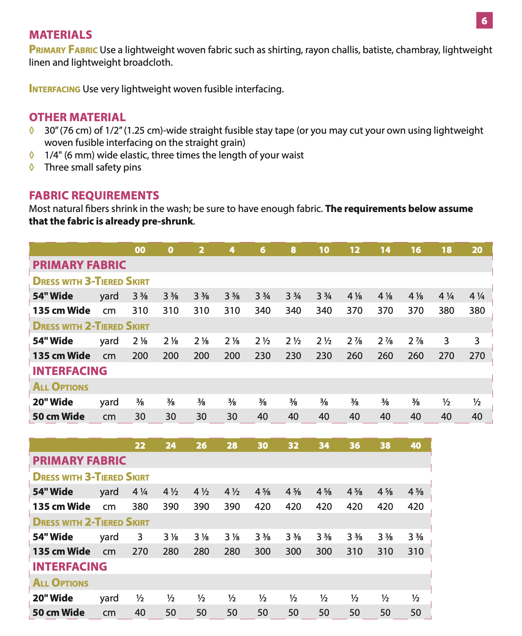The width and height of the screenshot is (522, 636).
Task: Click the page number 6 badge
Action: [x=484, y=21]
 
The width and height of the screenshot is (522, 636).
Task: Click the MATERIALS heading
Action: [x=60, y=35]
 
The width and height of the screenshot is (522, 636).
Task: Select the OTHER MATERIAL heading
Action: [x=77, y=117]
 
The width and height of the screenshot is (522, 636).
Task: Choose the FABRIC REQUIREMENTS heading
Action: [x=94, y=195]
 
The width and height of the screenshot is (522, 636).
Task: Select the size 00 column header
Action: [x=140, y=250]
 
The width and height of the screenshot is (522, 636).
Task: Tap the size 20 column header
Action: [x=477, y=250]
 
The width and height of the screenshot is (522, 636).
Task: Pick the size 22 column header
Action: [x=140, y=445]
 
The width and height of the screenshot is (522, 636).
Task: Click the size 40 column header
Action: [x=416, y=445]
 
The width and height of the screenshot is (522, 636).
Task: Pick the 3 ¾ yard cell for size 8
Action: [x=293, y=296]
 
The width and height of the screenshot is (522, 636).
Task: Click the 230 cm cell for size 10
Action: [x=324, y=356]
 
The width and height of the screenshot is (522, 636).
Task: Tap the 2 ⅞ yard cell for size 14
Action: [x=385, y=341]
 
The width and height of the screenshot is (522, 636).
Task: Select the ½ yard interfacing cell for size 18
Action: [x=446, y=402]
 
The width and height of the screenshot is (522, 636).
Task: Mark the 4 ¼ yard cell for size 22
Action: [x=140, y=492]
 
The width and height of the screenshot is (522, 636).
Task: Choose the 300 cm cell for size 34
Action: [x=324, y=551]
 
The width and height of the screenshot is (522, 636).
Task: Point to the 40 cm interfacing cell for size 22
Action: [x=140, y=612]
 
